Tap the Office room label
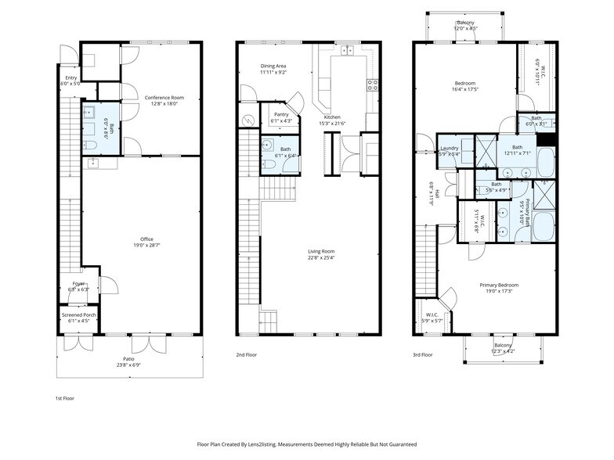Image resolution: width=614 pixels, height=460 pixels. pos(146,239)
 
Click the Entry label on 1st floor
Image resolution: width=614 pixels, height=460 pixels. pos(70,78)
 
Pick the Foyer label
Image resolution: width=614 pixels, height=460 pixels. pos(78,284)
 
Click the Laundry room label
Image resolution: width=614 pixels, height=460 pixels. pos(450,148)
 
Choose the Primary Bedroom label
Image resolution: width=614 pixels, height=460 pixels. pos(499,285)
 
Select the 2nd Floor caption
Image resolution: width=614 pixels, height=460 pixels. pos(247,354)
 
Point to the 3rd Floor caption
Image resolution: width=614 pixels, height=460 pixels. pos(423,354)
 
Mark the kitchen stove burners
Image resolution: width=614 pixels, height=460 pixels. pos(373,84)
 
